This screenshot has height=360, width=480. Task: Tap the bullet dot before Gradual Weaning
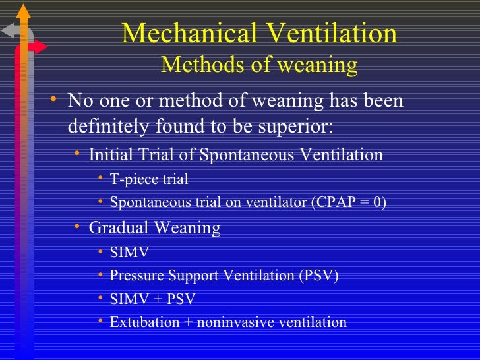pos(76,227)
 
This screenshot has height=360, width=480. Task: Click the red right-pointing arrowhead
pos(41,47)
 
